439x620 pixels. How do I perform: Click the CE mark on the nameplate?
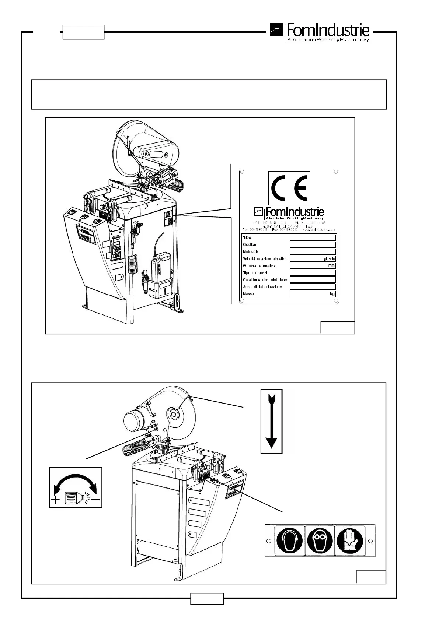[289, 188]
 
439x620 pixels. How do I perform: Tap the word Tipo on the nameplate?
[247, 238]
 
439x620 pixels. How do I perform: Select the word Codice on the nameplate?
[250, 245]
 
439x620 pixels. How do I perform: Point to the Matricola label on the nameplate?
[251, 252]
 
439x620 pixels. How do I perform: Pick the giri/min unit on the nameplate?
[329, 259]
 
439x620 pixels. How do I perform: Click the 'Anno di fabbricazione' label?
[262, 287]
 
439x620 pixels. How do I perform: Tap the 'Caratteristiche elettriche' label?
[265, 280]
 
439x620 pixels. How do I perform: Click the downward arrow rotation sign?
[271, 421]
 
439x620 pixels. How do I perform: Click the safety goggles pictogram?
[320, 540]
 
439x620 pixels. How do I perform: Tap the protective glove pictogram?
[349, 540]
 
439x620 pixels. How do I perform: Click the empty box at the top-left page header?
[83, 32]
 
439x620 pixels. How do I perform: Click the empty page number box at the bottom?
[207, 598]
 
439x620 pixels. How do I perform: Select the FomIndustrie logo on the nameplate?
[289, 212]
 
